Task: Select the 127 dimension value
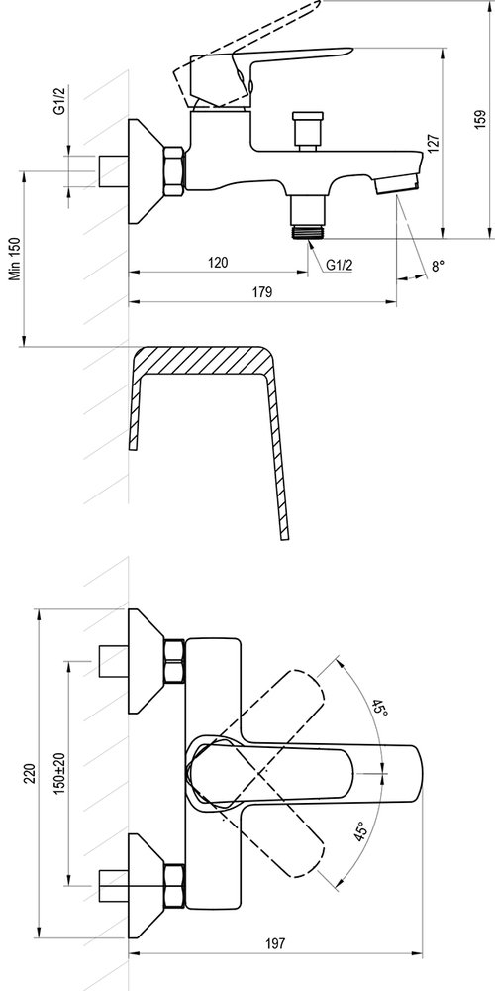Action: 433,144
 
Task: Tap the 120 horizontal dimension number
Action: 218,263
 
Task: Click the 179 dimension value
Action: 262,292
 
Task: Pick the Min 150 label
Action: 17,259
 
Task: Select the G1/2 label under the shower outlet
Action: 340,266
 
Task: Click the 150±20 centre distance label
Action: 60,773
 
